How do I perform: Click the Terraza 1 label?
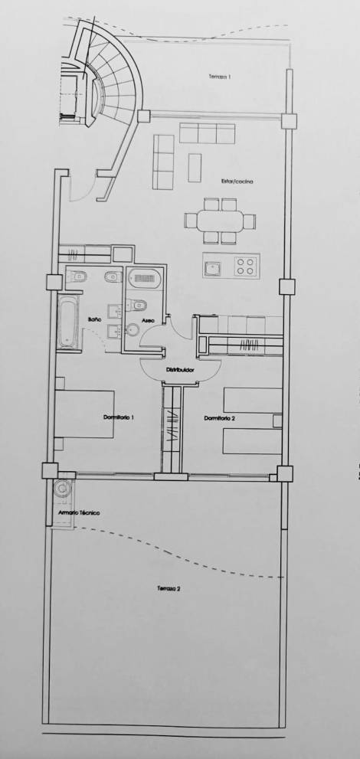219,77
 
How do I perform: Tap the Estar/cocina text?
238,182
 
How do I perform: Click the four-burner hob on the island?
245,267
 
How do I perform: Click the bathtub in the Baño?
67,322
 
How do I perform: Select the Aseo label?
148,319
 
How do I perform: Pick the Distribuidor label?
179,371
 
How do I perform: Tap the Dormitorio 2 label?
219,418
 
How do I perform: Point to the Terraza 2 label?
169,589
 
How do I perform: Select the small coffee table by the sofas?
194,167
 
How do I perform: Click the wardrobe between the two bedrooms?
173,429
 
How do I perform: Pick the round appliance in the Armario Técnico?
62,488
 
